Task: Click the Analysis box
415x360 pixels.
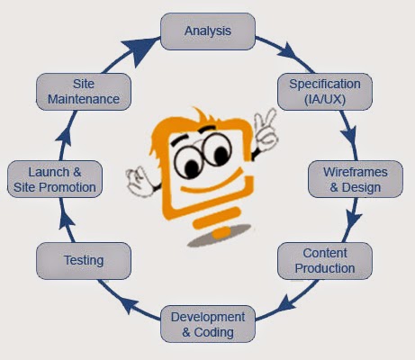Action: [207, 31]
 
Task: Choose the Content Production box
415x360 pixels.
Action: [325, 261]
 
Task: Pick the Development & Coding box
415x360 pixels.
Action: [207, 324]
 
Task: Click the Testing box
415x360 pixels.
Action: [83, 261]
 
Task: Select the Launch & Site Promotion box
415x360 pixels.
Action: [55, 179]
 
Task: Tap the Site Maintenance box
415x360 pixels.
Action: [84, 92]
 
